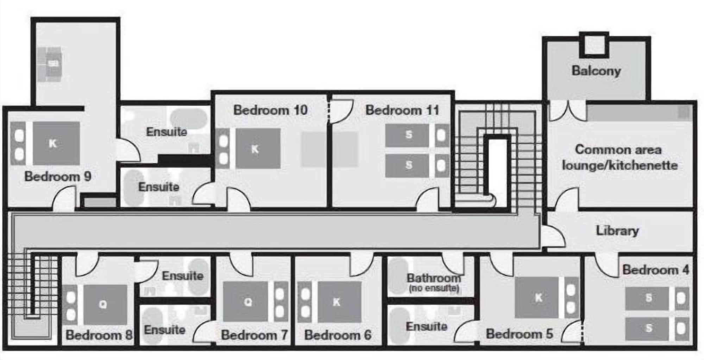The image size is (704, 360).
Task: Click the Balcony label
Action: [x=596, y=71]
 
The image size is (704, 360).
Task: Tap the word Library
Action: [x=617, y=231]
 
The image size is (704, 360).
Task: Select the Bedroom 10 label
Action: [x=270, y=110]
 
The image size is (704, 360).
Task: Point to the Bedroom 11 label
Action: [x=402, y=110]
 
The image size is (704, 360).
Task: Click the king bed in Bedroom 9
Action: [x=45, y=143]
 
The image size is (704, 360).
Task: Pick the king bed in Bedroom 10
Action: [x=248, y=148]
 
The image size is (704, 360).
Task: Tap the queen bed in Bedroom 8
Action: [x=95, y=304]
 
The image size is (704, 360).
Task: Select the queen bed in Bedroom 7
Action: [x=256, y=302]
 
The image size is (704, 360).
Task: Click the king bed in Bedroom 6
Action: [x=330, y=302]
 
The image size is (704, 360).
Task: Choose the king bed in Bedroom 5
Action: [x=547, y=297]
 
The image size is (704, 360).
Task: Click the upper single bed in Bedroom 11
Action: [x=417, y=135]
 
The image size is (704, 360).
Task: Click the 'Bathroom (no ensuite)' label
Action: [x=434, y=283]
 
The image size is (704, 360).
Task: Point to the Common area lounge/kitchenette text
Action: [x=620, y=157]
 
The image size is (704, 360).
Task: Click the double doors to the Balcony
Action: [x=568, y=110]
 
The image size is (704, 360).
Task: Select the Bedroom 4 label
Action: [x=655, y=270]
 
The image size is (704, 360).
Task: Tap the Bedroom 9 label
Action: [x=58, y=176]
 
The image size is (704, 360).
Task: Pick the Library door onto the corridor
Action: [x=553, y=237]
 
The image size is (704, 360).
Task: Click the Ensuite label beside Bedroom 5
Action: [x=426, y=326]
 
